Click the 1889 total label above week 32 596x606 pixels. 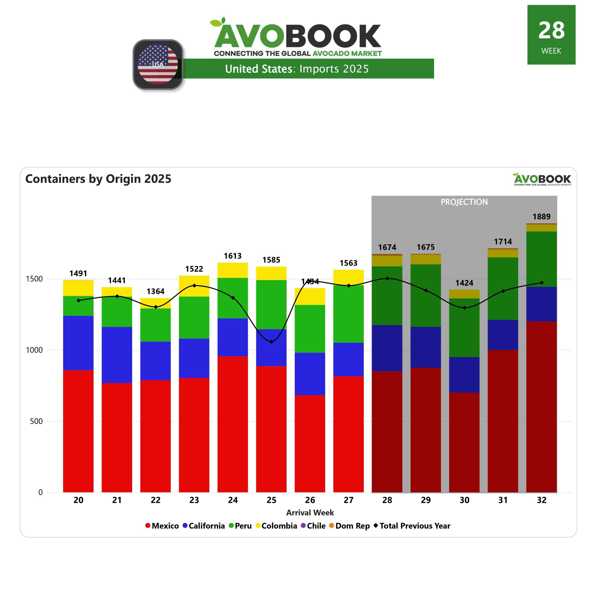click(x=541, y=217)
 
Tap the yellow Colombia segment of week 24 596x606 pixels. click(x=233, y=270)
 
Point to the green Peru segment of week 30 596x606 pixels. click(x=464, y=327)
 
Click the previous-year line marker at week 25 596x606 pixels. click(x=271, y=342)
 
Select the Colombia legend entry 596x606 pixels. click(x=276, y=526)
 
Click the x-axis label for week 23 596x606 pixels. click(x=194, y=500)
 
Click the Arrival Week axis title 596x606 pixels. click(x=310, y=513)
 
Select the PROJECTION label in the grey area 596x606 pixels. click(x=464, y=202)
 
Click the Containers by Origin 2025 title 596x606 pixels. click(x=98, y=179)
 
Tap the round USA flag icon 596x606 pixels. click(x=158, y=64)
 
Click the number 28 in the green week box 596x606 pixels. click(x=551, y=31)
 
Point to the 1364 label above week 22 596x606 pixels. click(x=156, y=291)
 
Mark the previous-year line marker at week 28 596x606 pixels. click(x=387, y=278)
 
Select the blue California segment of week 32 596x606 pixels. click(x=541, y=304)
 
